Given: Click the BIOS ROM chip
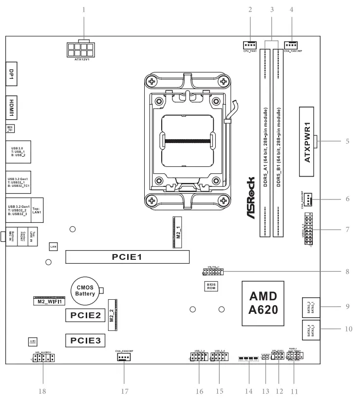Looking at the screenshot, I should (210, 285).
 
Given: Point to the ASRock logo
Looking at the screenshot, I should (250, 198).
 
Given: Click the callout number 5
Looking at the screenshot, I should (347, 142).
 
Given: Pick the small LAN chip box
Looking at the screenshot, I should (54, 247).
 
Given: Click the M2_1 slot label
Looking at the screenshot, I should (178, 232).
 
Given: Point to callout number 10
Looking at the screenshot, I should (347, 329).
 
